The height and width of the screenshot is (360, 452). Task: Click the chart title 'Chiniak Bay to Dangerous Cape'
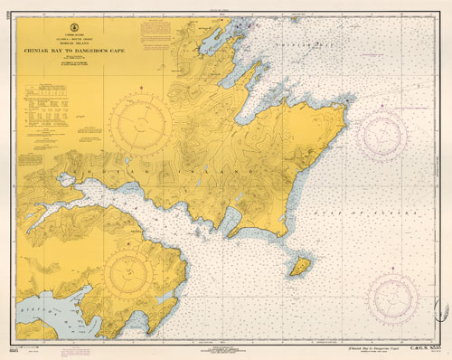point(80,51)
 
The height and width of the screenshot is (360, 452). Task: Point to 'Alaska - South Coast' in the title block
point(80,40)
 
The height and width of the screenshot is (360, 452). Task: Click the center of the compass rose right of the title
point(141,121)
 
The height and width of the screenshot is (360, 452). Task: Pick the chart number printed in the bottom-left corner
point(18,347)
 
